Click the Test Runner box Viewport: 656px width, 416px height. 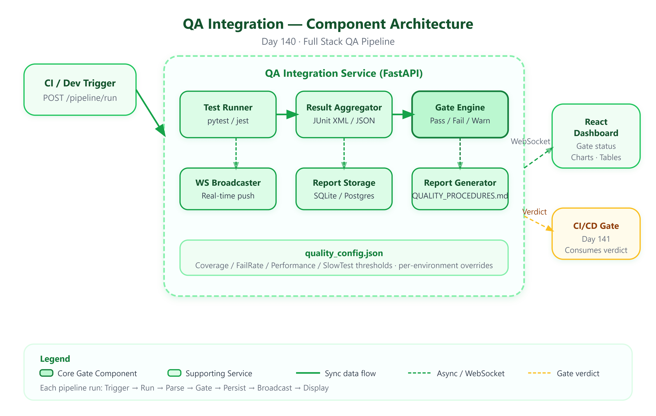point(228,114)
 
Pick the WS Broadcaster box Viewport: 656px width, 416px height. point(228,189)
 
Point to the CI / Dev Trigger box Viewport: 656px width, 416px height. point(80,90)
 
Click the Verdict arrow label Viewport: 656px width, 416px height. point(534,212)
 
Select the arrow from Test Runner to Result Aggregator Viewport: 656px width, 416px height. point(288,114)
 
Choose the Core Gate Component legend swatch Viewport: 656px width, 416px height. point(46,373)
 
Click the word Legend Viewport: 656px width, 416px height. point(55,359)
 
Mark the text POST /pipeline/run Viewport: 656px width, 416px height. point(80,98)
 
